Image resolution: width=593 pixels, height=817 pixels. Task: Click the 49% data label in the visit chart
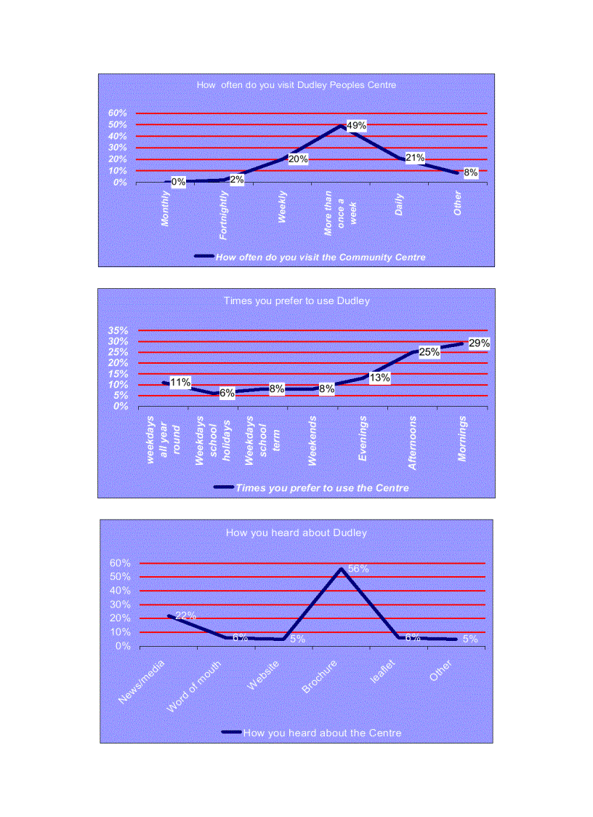[356, 125]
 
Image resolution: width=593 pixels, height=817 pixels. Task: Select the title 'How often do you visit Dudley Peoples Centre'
[296, 85]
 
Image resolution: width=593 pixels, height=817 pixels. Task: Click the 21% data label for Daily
[415, 157]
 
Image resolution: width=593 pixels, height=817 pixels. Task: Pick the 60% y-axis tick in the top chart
[118, 113]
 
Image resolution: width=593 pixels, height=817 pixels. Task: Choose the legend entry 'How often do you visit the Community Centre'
[320, 257]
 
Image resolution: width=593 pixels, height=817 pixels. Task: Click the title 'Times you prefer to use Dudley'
[296, 300]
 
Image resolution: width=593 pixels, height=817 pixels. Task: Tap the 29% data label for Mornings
[479, 343]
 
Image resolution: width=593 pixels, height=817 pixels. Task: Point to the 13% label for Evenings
[379, 378]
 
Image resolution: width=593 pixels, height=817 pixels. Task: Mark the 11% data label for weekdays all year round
[180, 382]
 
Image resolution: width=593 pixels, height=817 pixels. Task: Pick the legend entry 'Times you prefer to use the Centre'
[322, 488]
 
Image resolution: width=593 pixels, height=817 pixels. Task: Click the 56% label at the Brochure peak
[358, 569]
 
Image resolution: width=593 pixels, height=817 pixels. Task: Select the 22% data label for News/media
[185, 615]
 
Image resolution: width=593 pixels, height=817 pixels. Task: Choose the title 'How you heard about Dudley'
[296, 533]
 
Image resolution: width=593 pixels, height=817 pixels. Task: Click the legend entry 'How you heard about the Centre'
[322, 733]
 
